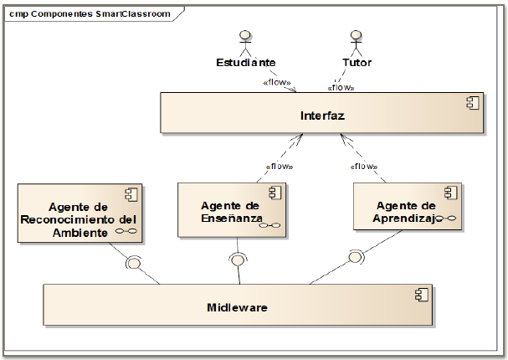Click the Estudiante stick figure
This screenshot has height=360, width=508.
245,42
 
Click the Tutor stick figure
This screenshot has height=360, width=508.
357,42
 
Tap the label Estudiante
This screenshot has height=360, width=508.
245,63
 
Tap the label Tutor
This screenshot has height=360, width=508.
357,63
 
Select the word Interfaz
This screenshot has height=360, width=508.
321,114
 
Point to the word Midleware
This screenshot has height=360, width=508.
237,307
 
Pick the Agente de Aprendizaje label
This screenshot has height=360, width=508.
405,213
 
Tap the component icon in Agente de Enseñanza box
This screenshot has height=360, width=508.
273,193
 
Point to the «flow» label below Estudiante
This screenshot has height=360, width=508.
276,83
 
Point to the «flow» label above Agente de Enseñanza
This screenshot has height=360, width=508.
279,166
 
